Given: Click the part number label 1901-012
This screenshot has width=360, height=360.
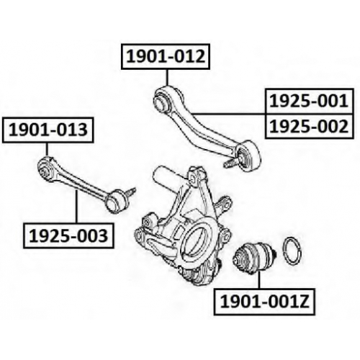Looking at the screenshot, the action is [166, 57].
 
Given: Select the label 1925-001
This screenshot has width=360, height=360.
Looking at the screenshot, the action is [309, 101].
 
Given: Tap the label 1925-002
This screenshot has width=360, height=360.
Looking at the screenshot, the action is [309, 126].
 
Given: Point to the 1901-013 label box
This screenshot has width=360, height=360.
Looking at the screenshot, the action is [48, 130].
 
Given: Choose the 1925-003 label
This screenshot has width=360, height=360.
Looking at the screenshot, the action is [68, 235].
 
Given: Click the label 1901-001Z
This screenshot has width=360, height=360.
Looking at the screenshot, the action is [264, 302].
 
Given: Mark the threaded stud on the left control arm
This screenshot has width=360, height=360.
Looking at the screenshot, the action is [130, 192].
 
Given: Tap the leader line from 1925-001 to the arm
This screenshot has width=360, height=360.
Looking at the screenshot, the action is [228, 113].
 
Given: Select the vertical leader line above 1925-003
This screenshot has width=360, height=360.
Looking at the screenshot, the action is [77, 207].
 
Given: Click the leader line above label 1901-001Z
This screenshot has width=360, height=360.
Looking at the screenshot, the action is [259, 280].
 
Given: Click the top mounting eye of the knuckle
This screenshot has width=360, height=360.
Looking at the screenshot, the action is [195, 177].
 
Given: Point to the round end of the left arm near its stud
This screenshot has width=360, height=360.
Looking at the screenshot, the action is [116, 202].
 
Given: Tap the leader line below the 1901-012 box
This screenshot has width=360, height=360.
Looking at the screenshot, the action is [167, 78].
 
